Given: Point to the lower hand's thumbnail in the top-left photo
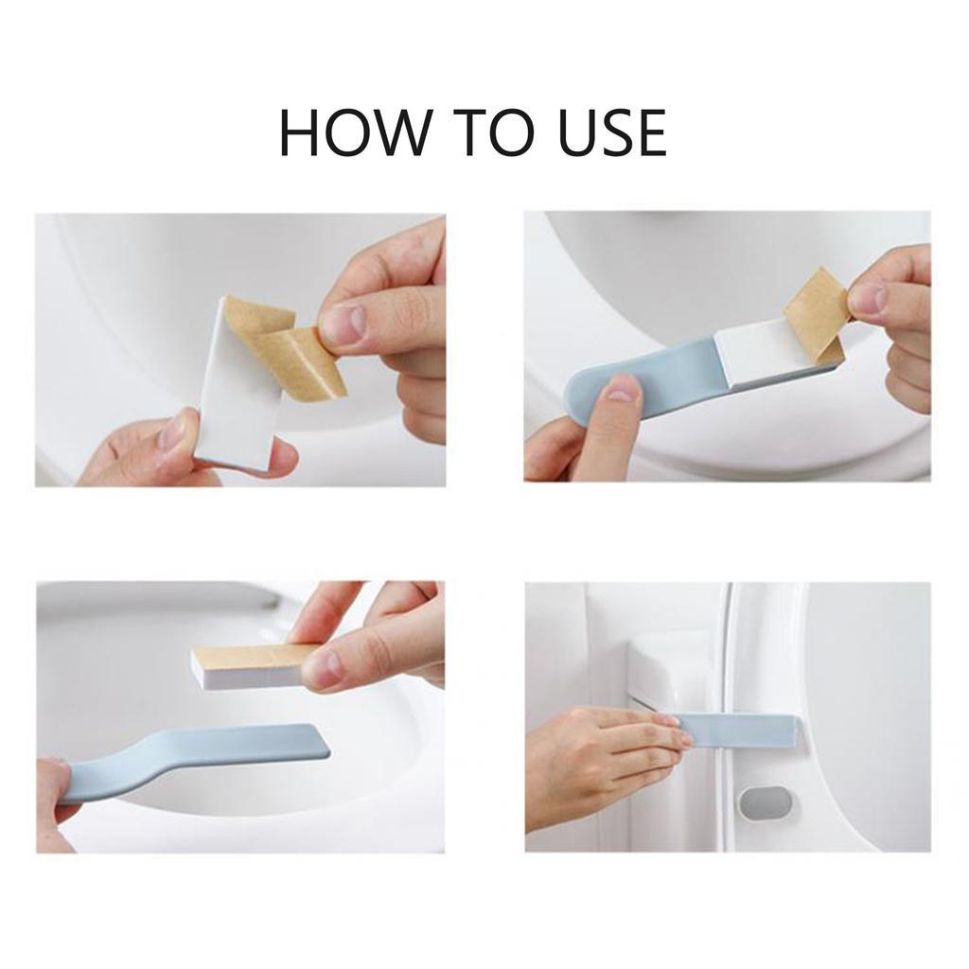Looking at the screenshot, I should coord(173,432).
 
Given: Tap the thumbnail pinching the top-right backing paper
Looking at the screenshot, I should coord(869,298).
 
